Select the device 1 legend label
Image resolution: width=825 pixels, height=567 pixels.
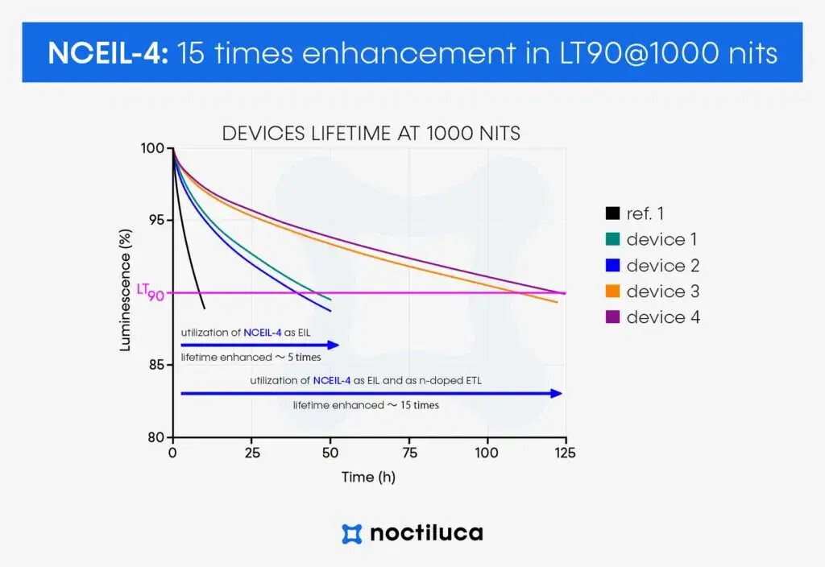(x=661, y=239)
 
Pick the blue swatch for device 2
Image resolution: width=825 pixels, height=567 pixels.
(x=612, y=266)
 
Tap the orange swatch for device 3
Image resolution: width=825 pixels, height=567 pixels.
(x=612, y=292)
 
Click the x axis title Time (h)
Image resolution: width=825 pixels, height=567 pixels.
(x=368, y=477)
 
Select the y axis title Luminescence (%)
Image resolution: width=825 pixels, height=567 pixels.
(x=126, y=292)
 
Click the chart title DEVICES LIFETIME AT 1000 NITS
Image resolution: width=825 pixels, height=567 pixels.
(x=371, y=134)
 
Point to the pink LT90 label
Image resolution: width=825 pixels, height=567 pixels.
(x=150, y=292)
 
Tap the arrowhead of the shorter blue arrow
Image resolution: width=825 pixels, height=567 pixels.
(x=333, y=345)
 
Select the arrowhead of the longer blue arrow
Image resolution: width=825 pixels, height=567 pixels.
(x=555, y=393)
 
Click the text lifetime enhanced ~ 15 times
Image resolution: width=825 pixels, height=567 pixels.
(x=366, y=405)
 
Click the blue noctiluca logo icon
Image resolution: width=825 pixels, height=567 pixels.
(x=351, y=533)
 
